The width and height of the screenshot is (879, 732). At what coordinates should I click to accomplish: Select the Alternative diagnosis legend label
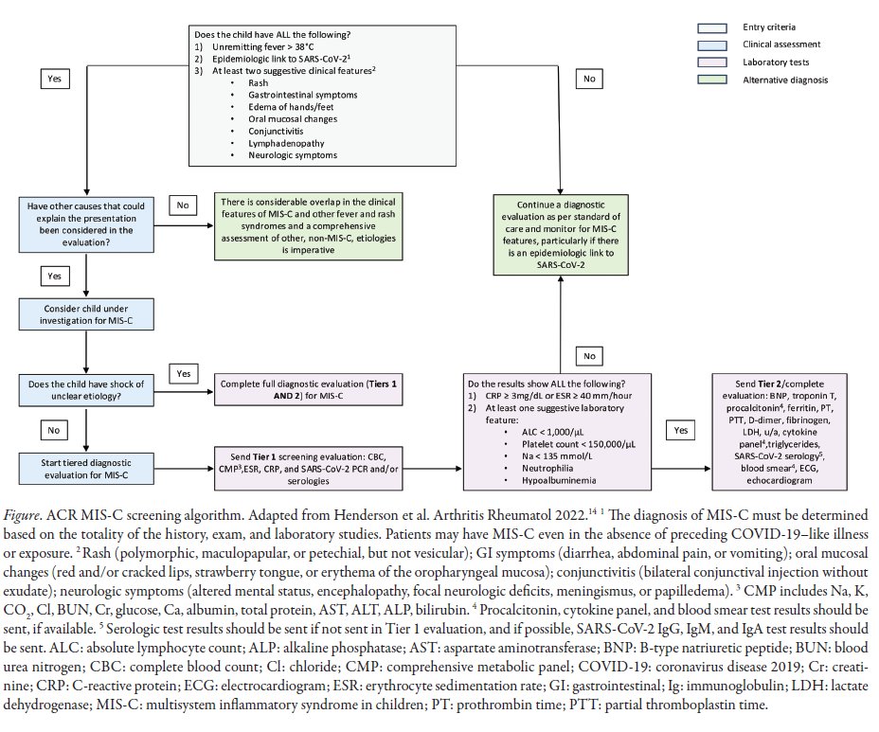tap(786, 80)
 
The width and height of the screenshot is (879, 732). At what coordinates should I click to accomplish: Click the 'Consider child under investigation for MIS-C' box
tap(85, 314)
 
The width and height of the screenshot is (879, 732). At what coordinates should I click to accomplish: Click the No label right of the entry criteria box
tap(588, 79)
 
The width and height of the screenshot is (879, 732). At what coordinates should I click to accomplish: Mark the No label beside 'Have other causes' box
tap(181, 204)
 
